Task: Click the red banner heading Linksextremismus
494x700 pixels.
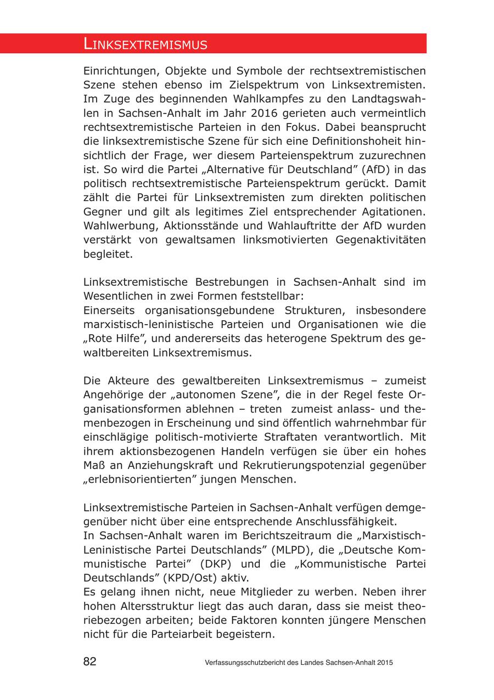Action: pos(145,44)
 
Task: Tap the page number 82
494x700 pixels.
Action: pos(89,662)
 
